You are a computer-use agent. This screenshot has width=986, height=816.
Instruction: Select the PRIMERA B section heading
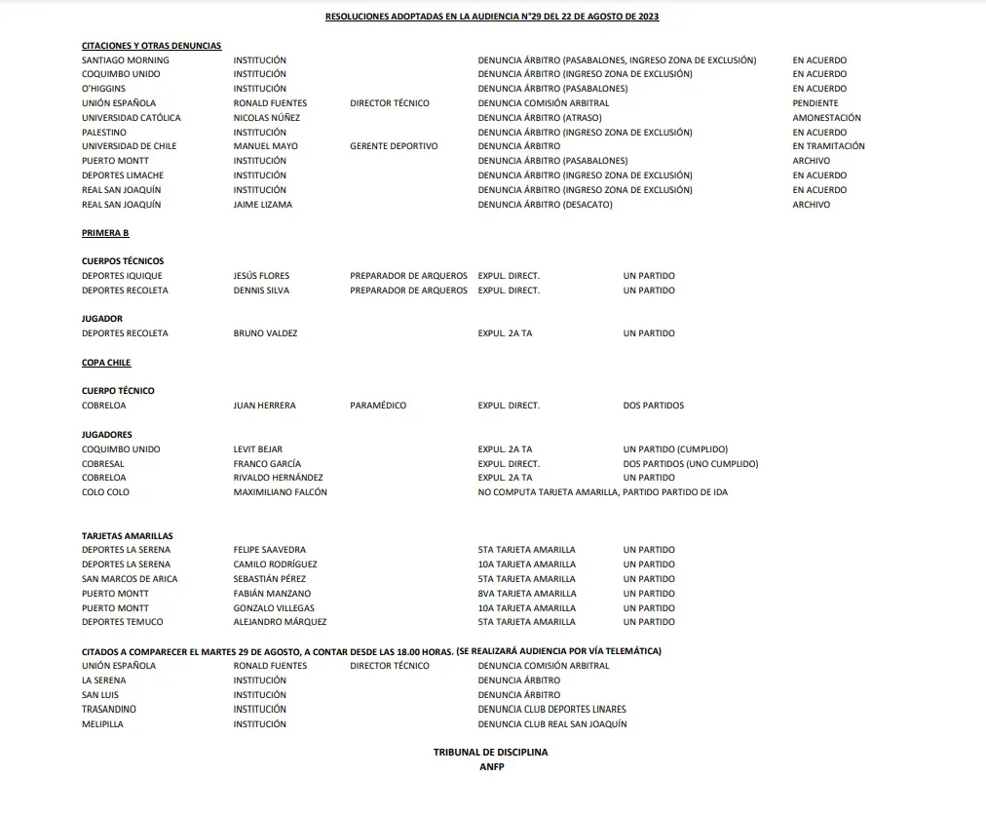coord(105,233)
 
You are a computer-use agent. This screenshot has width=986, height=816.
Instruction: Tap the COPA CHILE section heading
coord(106,363)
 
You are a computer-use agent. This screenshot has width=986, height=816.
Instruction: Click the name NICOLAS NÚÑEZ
coord(266,118)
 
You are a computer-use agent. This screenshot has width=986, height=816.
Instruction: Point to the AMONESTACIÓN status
coord(826,118)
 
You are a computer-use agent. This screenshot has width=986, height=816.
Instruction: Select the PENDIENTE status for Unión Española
coord(815,103)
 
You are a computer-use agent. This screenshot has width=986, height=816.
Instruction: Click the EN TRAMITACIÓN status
coord(828,146)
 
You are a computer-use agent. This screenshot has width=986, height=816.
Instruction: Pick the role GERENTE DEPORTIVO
coord(394,146)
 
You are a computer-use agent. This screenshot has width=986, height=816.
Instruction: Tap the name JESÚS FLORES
coord(261,276)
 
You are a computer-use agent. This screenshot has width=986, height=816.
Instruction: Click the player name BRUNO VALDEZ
coord(265,333)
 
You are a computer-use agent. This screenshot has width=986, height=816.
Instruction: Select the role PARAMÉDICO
coord(378,406)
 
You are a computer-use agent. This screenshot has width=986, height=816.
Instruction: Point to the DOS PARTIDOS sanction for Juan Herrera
coord(653,406)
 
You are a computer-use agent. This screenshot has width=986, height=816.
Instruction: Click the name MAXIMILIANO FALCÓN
coord(280,492)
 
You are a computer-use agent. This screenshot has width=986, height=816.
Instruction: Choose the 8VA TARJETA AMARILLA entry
coord(526,593)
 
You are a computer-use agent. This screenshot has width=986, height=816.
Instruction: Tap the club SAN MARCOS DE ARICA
coord(130,579)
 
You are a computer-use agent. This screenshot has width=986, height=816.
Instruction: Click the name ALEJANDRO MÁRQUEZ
coord(280,622)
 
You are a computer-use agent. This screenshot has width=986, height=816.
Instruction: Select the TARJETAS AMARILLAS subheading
coord(127,536)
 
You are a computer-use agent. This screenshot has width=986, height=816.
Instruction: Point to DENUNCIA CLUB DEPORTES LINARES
coord(551,710)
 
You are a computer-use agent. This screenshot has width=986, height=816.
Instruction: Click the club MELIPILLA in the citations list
coord(102,724)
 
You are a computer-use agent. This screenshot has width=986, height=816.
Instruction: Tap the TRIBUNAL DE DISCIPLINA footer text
coord(491,753)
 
